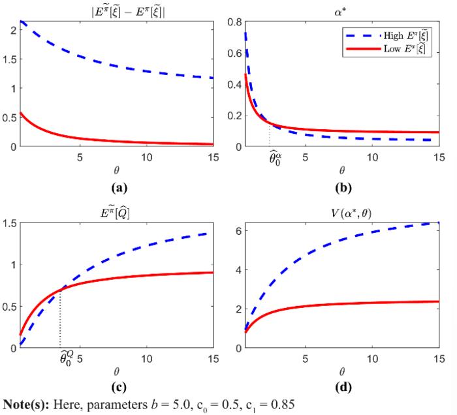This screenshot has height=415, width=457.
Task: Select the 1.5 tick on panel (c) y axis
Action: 9,223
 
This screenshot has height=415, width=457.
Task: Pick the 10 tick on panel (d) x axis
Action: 371,359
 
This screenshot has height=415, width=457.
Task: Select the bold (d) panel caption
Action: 339,390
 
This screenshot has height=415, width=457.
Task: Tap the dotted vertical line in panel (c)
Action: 60,320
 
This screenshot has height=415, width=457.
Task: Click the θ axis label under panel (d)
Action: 339,372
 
